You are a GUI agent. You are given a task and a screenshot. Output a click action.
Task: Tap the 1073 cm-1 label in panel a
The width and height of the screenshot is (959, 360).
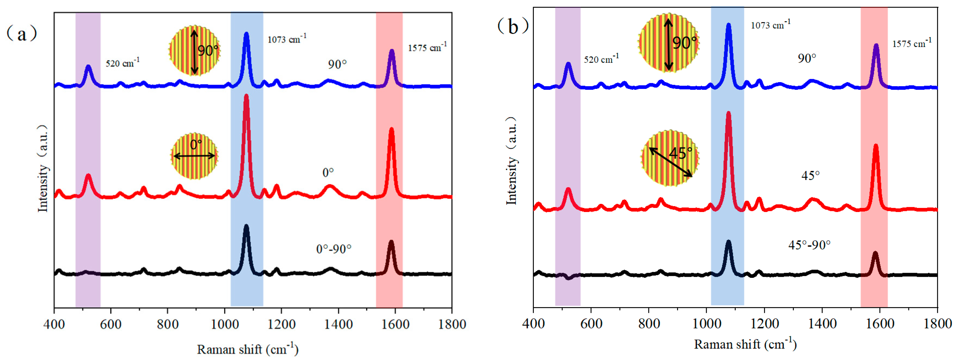pos(287,39)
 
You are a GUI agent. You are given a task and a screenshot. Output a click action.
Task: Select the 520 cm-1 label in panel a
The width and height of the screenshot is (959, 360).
pos(122,63)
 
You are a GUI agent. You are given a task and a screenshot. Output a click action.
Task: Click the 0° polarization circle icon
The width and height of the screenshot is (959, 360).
pos(194,156)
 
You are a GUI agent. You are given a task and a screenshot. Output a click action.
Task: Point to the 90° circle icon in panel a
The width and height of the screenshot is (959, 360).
pos(194,51)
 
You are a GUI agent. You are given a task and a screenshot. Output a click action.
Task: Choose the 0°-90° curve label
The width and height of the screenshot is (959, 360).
pos(334,249)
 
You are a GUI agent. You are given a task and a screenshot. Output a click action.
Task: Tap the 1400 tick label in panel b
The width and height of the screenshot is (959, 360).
pos(822,323)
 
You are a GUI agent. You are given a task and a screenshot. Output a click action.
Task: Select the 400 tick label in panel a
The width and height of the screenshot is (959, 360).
pos(54,324)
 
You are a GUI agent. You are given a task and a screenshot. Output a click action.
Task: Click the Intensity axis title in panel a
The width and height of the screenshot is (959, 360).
pos(43,168)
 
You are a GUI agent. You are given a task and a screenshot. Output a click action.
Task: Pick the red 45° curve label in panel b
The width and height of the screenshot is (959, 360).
pos(810,176)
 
